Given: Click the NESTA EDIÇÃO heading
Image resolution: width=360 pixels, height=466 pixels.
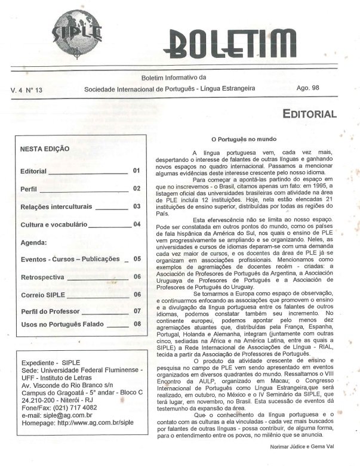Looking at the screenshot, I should click(x=45, y=149).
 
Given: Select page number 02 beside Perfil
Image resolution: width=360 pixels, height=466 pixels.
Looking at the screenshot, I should click(x=137, y=189).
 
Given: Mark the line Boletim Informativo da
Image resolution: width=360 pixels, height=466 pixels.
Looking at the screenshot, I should click(x=173, y=78).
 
